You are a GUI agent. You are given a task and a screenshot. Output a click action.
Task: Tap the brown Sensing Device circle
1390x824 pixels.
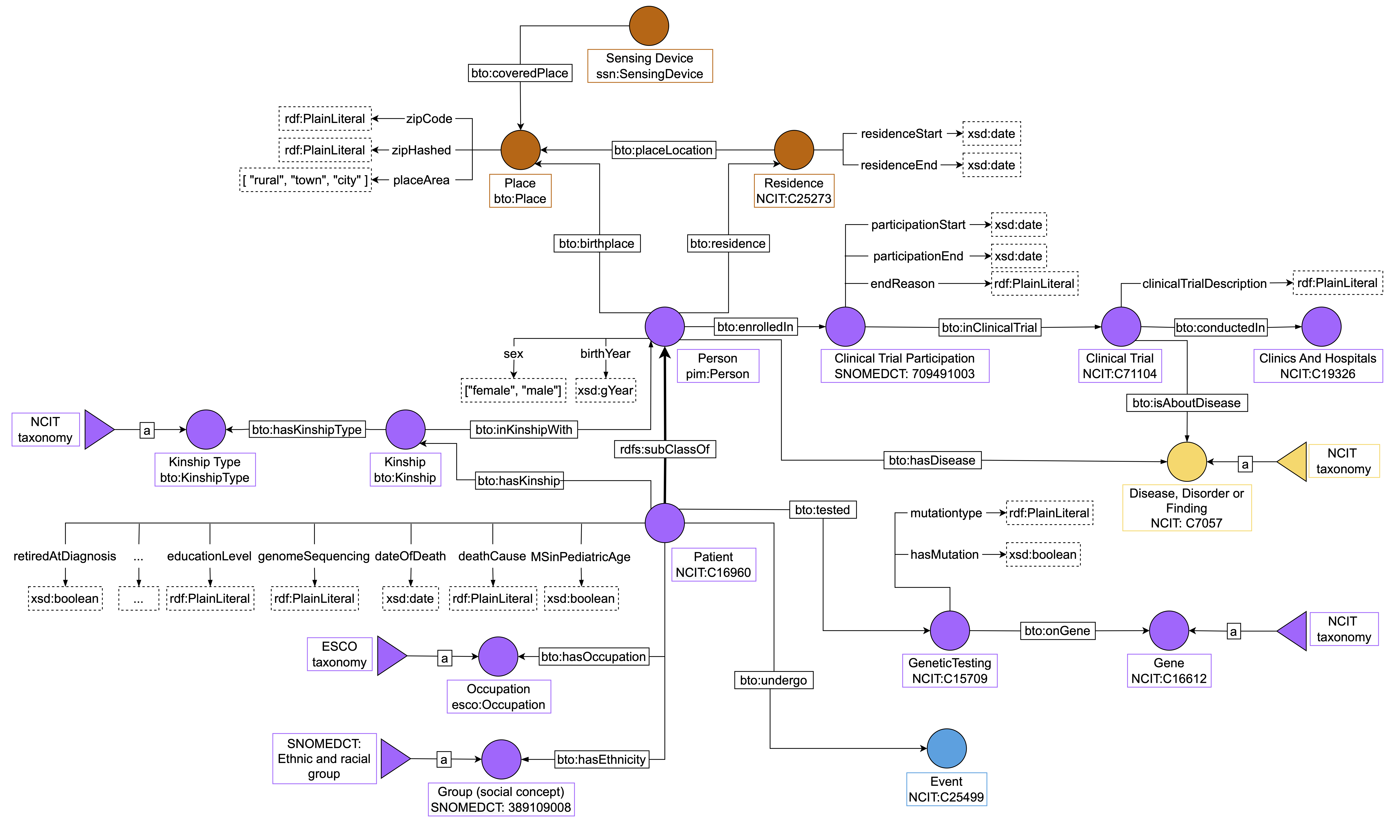coord(649,25)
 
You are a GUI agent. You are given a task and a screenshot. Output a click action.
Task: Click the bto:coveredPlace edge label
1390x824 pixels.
coord(520,73)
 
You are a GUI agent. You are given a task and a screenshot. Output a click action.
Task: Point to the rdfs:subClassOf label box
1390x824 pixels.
coord(665,449)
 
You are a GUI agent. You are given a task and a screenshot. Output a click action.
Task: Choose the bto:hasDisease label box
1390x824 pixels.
coord(932,460)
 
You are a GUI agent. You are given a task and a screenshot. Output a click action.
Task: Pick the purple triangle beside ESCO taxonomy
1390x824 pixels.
coord(392,656)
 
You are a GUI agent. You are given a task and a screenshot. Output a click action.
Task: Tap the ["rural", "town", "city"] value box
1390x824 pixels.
coord(305,180)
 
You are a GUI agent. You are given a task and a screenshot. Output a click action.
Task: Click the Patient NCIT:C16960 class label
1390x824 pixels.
coord(714,564)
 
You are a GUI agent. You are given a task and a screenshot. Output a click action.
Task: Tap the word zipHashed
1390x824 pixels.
coord(421,150)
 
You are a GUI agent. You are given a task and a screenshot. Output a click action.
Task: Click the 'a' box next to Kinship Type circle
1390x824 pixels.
coord(147,430)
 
